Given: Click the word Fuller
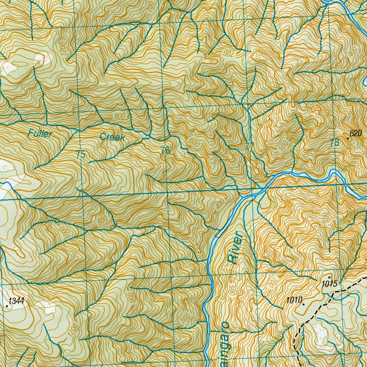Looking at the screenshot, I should point(40,134).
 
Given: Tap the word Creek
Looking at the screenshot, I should point(112,137).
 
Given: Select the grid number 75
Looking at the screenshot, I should point(81,154).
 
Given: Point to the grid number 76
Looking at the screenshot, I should point(165,151).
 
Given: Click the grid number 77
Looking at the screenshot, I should point(249,146).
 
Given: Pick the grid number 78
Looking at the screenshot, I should point(334,143).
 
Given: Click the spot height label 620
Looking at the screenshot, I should point(356,134).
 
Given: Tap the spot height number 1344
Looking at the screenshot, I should point(17,301).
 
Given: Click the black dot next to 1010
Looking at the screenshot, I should point(304,304).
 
